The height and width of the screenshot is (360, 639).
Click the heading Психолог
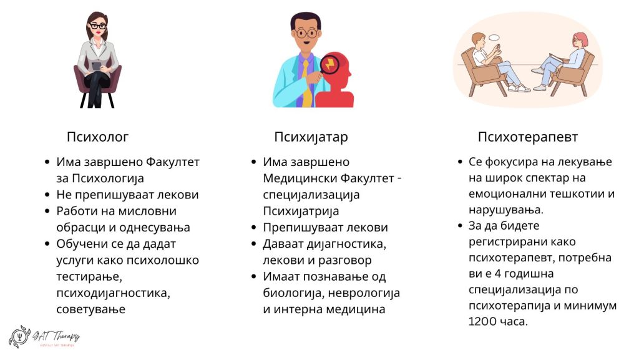click(97, 137)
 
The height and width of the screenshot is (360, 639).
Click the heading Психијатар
click(311, 137)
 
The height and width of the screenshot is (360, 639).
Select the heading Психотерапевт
click(527, 137)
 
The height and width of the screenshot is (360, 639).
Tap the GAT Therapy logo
click(44, 337)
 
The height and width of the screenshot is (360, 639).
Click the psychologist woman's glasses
click(98, 26)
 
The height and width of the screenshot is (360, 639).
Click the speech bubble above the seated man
click(495, 39)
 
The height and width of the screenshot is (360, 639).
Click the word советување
click(91, 308)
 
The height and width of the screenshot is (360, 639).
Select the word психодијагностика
click(113, 292)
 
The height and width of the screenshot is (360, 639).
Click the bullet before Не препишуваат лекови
click(47, 195)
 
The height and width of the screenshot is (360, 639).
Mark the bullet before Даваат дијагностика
click(254, 243)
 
